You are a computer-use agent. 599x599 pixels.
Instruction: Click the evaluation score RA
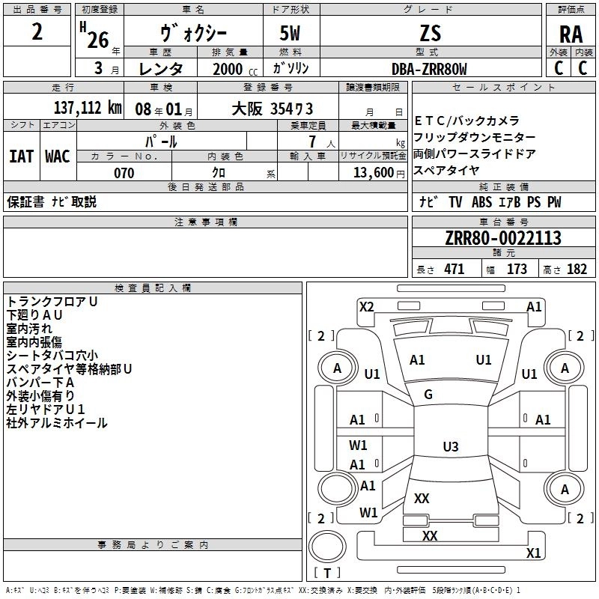(x=571, y=34)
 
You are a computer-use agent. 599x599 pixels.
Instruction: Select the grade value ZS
(x=431, y=33)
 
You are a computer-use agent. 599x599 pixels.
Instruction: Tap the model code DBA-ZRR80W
(x=429, y=69)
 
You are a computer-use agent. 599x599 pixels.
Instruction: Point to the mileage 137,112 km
(x=88, y=107)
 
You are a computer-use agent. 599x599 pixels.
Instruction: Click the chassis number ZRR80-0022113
(x=502, y=239)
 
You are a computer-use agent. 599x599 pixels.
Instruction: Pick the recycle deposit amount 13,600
(x=375, y=172)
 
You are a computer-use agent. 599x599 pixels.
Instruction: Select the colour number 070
(x=124, y=173)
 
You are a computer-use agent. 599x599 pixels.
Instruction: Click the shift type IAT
(x=21, y=156)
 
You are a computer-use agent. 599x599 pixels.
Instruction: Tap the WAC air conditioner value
(x=57, y=156)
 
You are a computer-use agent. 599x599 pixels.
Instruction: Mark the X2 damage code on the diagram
(x=366, y=306)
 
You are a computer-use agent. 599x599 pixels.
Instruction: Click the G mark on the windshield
(x=428, y=395)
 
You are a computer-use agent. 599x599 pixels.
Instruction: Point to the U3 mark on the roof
(x=450, y=447)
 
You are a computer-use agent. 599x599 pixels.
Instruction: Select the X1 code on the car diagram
(x=533, y=553)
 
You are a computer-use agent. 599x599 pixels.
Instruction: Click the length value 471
(x=454, y=270)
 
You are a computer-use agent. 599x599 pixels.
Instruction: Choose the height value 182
(x=577, y=270)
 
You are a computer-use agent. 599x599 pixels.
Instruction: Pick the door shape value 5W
(x=291, y=34)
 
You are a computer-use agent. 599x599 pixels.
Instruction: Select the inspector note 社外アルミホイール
(x=57, y=423)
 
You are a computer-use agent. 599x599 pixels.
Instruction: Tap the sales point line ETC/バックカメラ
(x=466, y=121)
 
